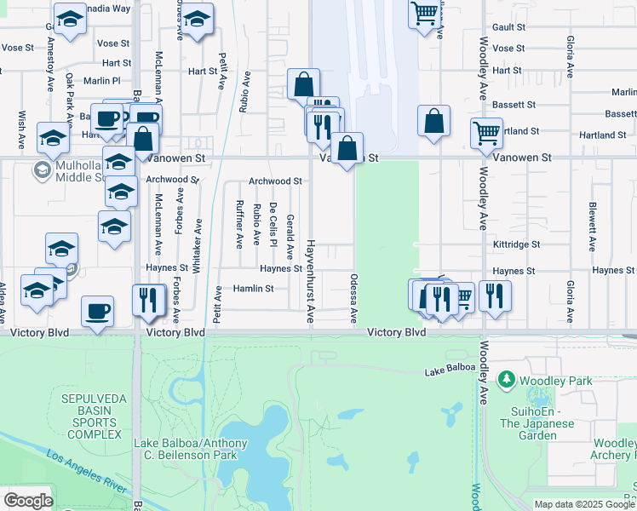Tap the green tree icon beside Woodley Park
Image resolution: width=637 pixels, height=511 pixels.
click(x=507, y=377)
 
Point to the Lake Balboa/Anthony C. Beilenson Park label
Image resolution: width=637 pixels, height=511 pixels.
click(x=191, y=449)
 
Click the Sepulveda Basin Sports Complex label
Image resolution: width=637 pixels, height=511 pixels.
click(x=91, y=416)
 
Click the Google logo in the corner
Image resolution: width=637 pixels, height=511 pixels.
click(x=28, y=500)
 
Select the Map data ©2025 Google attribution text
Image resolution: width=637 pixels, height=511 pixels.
click(x=584, y=504)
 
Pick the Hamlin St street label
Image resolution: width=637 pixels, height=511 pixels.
click(x=253, y=289)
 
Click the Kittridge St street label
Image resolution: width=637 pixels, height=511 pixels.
click(x=516, y=244)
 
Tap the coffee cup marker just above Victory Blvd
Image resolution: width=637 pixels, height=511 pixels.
click(x=96, y=311)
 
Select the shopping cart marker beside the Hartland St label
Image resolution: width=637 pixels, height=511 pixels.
click(x=485, y=132)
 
